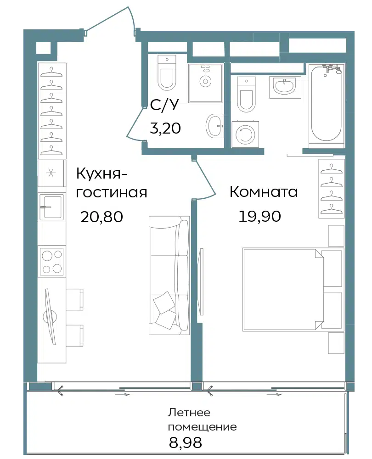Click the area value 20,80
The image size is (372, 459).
pyautogui.click(x=101, y=217)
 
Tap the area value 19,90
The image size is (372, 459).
pyautogui.click(x=260, y=216)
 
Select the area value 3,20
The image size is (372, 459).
pyautogui.click(x=165, y=128)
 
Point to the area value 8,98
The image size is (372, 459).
pyautogui.click(x=186, y=442)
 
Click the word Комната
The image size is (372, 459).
pyautogui.click(x=264, y=192)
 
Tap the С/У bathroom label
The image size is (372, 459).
pyautogui.click(x=164, y=105)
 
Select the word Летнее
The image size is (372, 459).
pyautogui.click(x=189, y=413)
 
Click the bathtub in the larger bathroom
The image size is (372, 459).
pyautogui.click(x=327, y=104)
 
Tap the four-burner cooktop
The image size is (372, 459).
pyautogui.click(x=52, y=261)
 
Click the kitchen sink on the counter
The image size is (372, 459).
pyautogui.click(x=51, y=207)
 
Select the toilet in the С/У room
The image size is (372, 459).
pyautogui.click(x=167, y=73)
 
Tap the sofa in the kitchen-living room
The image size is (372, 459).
pyautogui.click(x=169, y=275)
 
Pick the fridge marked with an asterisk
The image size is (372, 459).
pyautogui.click(x=51, y=174)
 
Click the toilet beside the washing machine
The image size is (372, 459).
pyautogui.click(x=246, y=94)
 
